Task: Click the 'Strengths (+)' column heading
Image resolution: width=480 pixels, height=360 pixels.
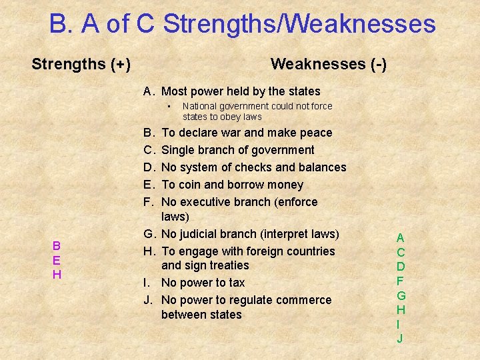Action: [x=81, y=65]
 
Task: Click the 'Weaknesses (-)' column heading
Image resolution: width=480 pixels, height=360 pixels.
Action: [x=328, y=65]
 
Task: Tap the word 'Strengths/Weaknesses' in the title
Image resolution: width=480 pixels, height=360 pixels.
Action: [x=299, y=25]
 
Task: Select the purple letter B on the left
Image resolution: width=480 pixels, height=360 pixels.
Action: [x=57, y=245]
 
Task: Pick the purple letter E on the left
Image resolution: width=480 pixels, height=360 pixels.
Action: [x=57, y=260]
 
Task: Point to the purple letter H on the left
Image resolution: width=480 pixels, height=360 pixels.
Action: [x=57, y=275]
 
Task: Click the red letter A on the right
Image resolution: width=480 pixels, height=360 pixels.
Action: [x=400, y=237]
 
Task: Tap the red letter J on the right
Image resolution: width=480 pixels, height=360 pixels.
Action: [x=400, y=339]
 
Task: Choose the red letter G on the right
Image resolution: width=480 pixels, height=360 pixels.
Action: [x=401, y=295]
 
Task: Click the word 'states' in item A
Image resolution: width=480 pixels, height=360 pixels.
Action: [x=303, y=91]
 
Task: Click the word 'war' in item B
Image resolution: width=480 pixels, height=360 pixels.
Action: [x=233, y=133]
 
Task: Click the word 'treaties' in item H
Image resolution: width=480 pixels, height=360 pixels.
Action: [x=226, y=265]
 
